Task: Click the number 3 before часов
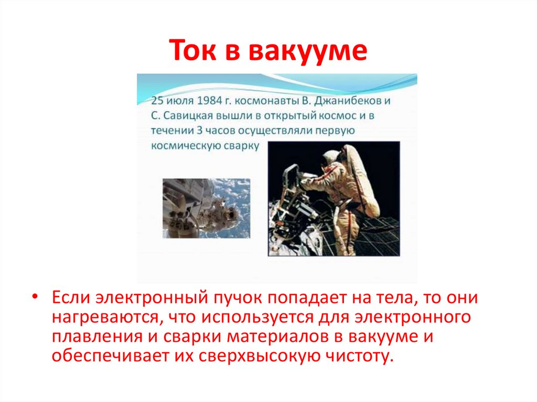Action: (x=212, y=131)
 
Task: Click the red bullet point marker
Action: (x=35, y=297)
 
